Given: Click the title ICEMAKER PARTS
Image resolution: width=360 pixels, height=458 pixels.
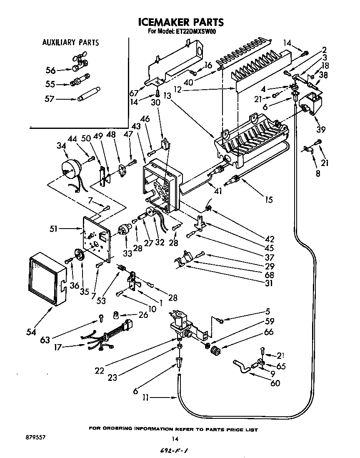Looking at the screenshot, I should point(180,22).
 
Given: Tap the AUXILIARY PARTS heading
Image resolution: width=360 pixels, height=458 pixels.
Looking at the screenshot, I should point(70,42).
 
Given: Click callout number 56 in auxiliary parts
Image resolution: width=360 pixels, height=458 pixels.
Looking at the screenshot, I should point(50,70).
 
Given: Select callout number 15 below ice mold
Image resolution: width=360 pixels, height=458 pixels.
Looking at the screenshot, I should point(268,199).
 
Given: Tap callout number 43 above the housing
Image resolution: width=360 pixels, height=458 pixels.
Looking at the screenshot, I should point(135,126).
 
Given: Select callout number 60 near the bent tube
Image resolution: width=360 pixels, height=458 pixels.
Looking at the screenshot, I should point(275,383).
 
